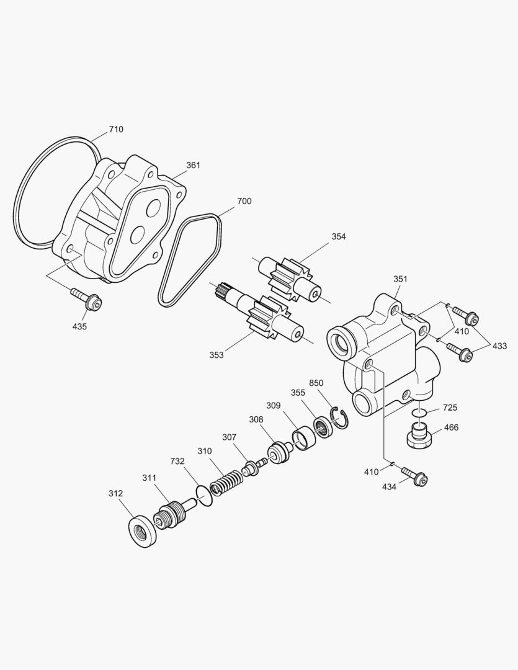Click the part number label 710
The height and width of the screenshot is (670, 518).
point(116,130)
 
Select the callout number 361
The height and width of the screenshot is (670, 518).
point(194,166)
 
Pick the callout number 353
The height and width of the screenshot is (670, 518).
point(217,355)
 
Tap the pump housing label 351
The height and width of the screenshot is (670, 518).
point(400,279)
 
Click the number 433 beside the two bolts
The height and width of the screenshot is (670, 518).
point(500,346)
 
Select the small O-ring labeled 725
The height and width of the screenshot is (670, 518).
point(419,412)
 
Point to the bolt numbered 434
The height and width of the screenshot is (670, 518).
point(414,476)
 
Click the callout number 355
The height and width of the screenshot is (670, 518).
point(298,392)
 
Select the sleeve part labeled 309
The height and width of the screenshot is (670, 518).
point(304,438)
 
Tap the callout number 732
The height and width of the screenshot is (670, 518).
point(178,462)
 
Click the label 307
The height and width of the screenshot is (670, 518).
point(230,437)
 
